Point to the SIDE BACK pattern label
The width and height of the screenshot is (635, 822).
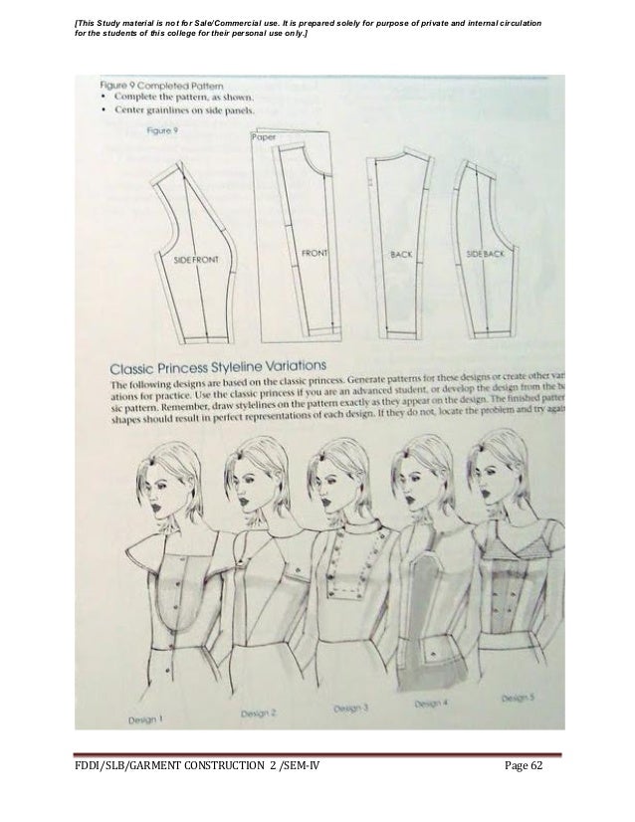[487, 255]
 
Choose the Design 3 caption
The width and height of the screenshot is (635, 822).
[351, 708]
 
